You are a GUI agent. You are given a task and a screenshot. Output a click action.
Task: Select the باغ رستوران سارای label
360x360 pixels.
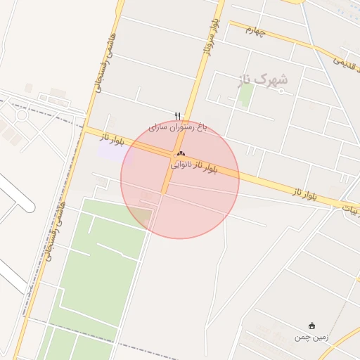tap(179, 128)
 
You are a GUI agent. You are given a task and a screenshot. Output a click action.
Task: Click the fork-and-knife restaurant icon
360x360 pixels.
tap(178, 116)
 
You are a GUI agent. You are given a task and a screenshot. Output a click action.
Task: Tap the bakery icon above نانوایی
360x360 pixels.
tap(181, 153)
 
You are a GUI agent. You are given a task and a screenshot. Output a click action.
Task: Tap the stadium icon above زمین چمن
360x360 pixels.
tap(312, 326)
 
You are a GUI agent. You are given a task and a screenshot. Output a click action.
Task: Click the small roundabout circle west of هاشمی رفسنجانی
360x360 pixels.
tap(21, 115)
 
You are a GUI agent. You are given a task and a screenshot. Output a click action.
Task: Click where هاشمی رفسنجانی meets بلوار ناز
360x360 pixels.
tap(86, 129)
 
